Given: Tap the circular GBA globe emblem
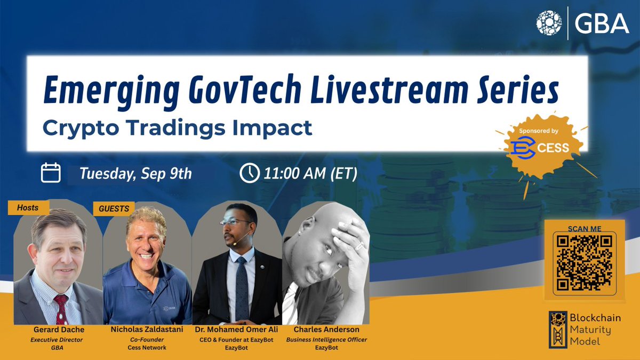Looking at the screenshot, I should click(549, 24).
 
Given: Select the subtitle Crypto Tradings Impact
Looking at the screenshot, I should click(178, 128).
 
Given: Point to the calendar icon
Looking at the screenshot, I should click(51, 173).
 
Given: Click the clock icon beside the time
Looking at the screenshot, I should click(250, 173).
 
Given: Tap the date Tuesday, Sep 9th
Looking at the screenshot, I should click(135, 174).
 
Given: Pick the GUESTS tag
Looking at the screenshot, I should click(114, 209).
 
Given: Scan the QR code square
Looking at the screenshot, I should click(585, 262).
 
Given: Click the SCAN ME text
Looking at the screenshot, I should click(585, 228).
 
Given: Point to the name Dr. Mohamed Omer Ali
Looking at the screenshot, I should click(236, 330).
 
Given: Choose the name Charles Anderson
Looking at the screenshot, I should click(326, 330).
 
